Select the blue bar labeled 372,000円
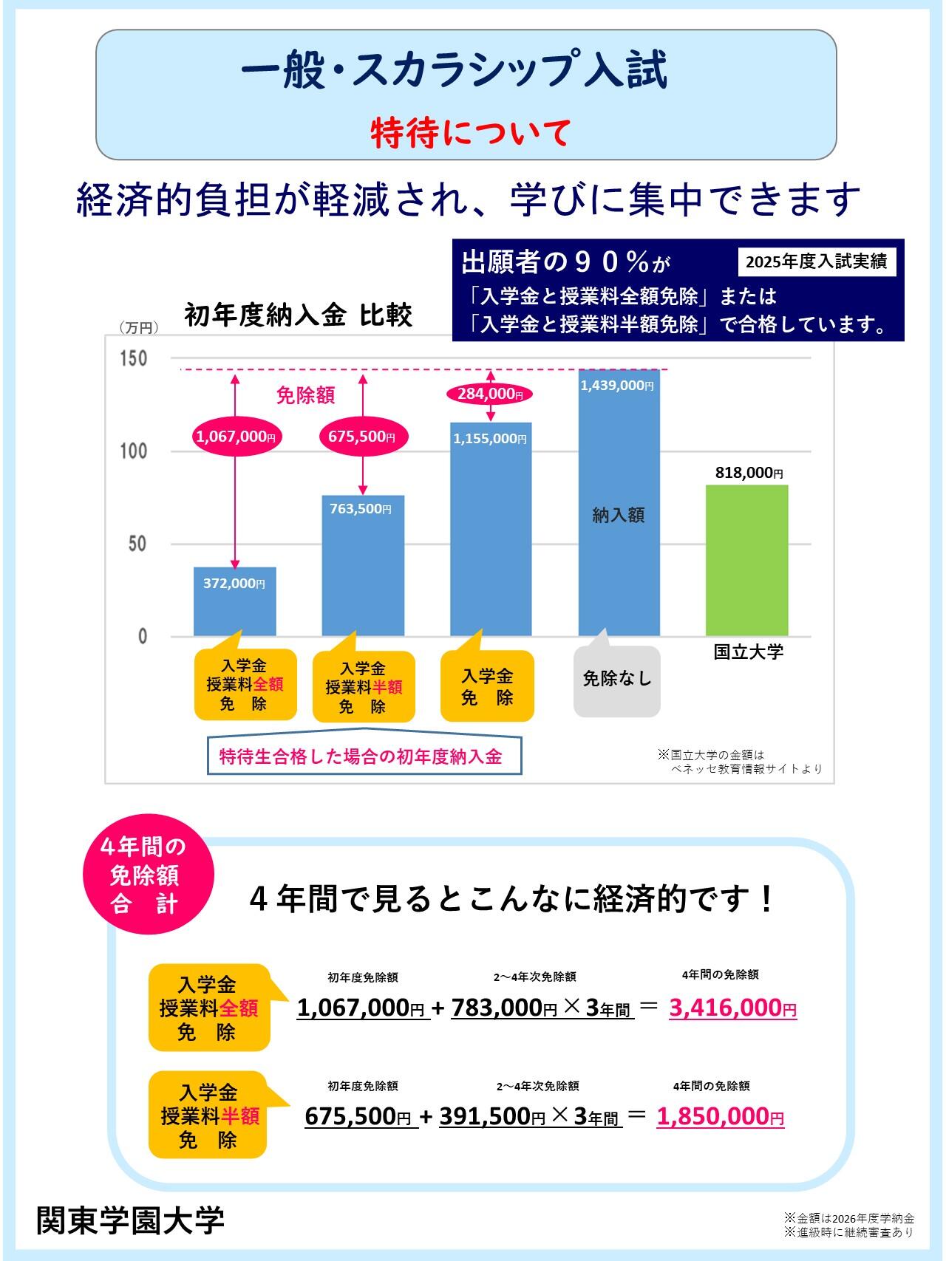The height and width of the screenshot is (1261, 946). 234,601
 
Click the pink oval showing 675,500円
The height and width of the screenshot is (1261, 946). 362,437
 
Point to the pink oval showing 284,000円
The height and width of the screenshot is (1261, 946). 490,394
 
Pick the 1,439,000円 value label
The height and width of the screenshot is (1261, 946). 617,386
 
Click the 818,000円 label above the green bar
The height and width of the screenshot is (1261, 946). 749,473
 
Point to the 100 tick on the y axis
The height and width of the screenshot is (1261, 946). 134,451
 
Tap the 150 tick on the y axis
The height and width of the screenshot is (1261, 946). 134,358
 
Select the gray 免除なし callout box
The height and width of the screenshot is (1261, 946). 617,680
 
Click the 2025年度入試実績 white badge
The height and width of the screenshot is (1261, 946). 816,262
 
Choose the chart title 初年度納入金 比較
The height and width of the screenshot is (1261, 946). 298,315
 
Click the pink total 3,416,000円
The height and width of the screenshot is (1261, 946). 732,1008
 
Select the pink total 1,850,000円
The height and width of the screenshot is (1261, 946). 720,1116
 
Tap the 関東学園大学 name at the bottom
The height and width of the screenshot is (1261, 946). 130,1220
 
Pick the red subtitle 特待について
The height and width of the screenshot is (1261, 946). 470,133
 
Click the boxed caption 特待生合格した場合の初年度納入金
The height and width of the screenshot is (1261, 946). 361,756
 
